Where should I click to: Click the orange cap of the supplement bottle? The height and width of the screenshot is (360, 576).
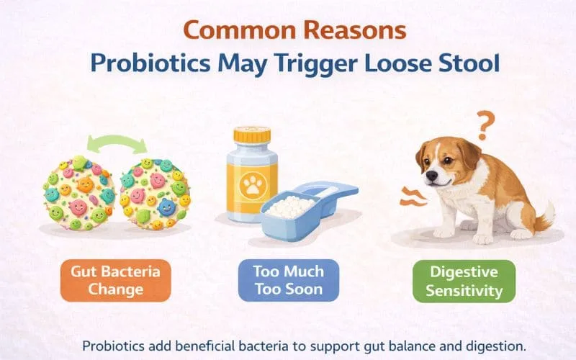pyautogui.click(x=251, y=135)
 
